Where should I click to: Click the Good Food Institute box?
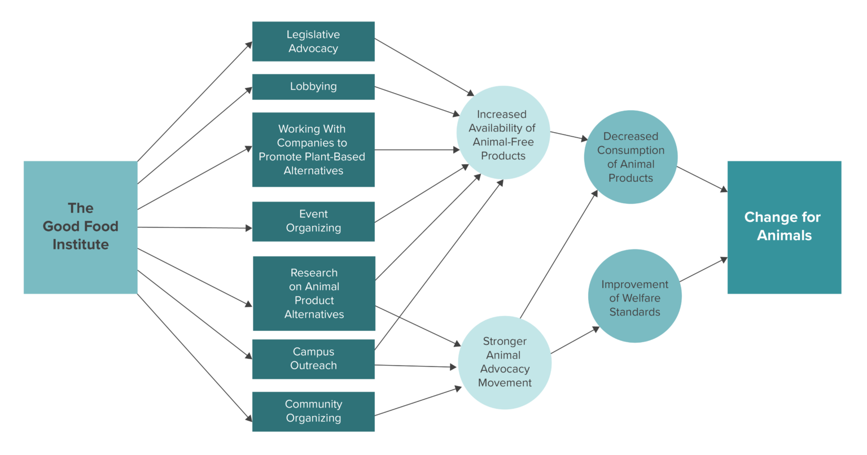point(80,227)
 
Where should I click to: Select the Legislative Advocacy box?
point(313,41)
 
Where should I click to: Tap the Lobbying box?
point(313,86)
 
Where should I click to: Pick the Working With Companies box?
point(313,150)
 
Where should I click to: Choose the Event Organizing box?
point(313,221)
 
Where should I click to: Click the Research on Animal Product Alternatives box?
point(313,294)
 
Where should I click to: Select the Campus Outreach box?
point(313,358)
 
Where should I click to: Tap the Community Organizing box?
point(313,412)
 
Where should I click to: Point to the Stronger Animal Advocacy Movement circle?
point(504,362)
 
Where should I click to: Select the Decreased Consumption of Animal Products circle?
point(630,157)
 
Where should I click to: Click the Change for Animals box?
point(784,227)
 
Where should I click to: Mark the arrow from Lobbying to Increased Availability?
point(418,101)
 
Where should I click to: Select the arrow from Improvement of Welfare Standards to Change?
point(703,270)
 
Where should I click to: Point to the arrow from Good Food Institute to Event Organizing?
point(195,228)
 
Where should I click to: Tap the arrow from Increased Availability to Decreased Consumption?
point(569,135)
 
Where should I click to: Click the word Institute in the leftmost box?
point(80,244)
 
